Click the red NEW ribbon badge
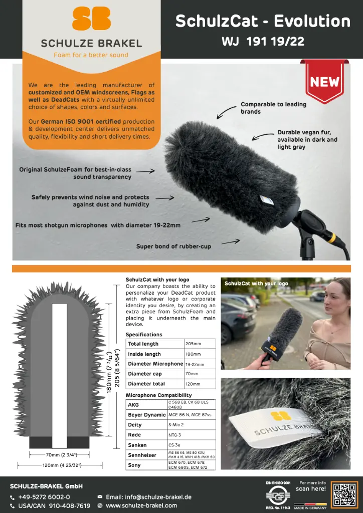pyautogui.click(x=325, y=82)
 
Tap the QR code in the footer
pyautogui.click(x=344, y=495)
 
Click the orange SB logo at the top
pyautogui.click(x=91, y=19)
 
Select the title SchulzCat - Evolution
pyautogui.click(x=263, y=21)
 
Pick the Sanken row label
pyautogui.click(x=137, y=445)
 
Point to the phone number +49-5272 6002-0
pyautogui.click(x=44, y=497)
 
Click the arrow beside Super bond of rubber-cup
pyautogui.click(x=231, y=242)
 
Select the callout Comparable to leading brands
pyautogui.click(x=273, y=108)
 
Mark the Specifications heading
pyautogui.click(x=144, y=334)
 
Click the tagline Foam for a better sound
pyautogui.click(x=91, y=55)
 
